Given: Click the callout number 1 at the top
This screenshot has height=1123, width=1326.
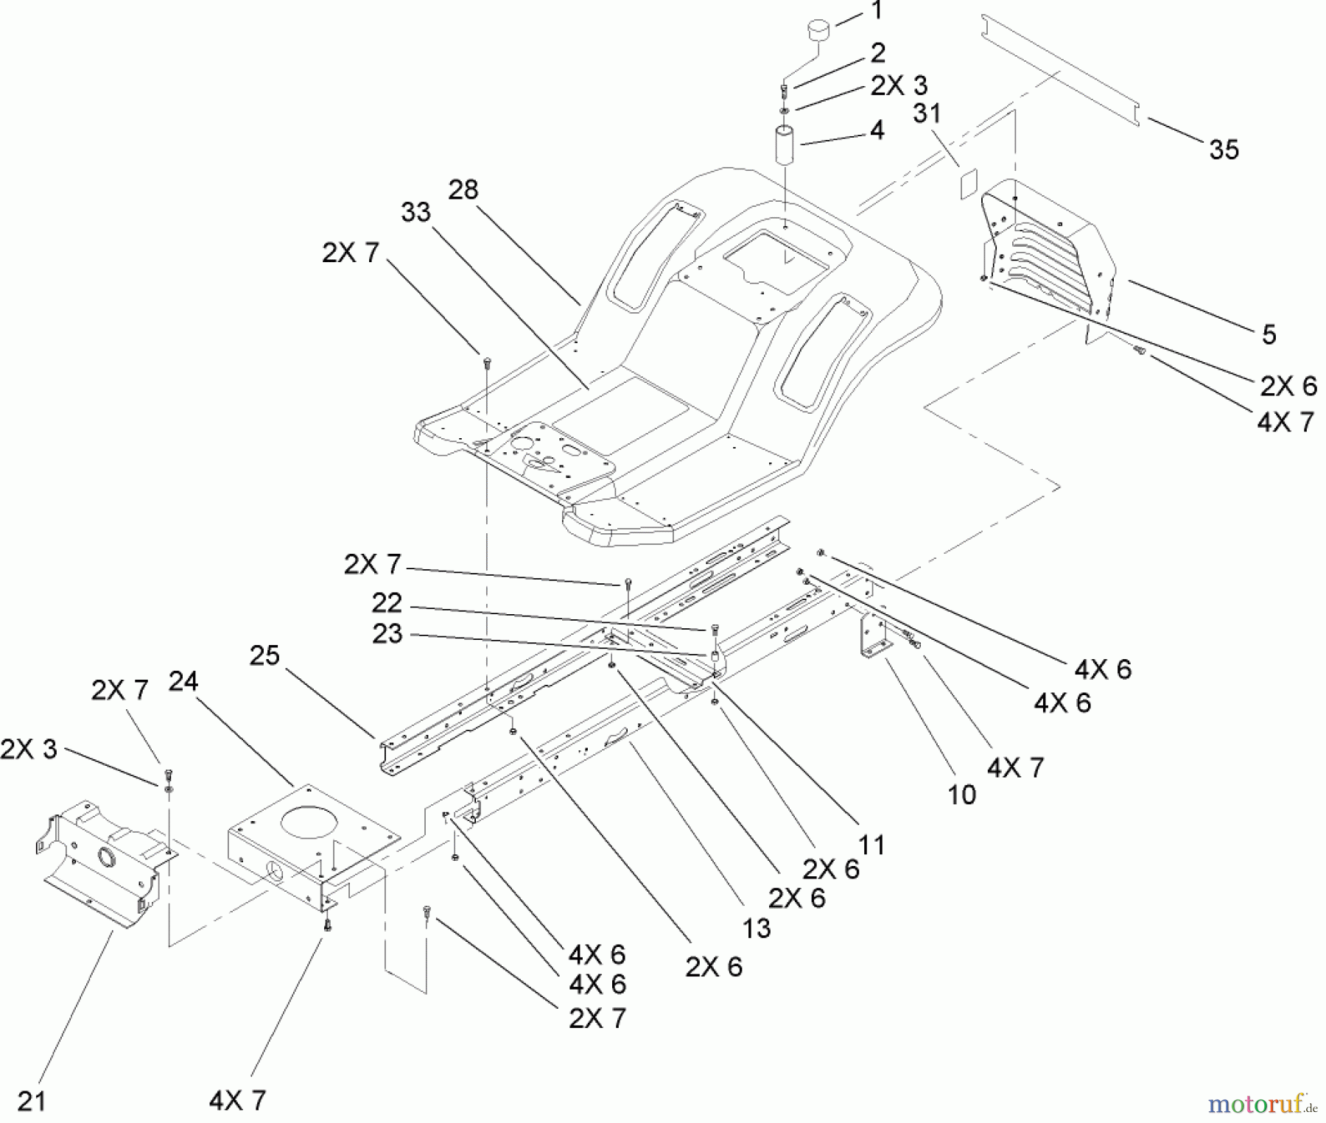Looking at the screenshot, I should point(876,11).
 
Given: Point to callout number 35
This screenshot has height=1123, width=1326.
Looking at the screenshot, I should point(1224,150).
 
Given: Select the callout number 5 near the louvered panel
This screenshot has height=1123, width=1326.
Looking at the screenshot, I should point(1269,334).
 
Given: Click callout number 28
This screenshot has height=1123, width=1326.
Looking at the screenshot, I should point(463,190).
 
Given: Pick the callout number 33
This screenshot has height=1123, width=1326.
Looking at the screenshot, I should point(415,212).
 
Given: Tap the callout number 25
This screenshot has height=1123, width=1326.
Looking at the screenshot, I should point(264,655).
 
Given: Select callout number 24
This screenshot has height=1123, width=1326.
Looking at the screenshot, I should point(183,682).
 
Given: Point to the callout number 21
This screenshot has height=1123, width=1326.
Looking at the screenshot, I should point(32,1102).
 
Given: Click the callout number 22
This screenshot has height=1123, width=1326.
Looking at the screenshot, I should point(387,603).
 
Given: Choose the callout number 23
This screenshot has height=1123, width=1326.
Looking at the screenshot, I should point(387,634).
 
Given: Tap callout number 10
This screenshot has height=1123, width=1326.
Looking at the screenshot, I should point(961,795).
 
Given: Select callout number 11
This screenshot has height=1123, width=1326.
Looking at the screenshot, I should point(871,845).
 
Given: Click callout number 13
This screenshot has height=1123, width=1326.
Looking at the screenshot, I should point(756,929).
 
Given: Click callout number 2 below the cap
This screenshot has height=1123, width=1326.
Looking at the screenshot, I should point(877,53).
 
